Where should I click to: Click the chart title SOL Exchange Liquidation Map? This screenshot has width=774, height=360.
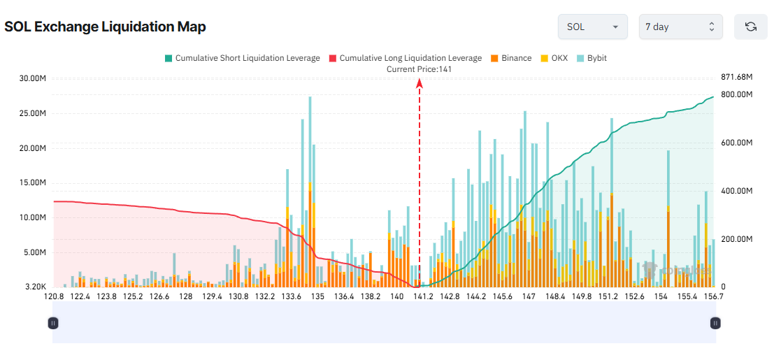tap(105, 27)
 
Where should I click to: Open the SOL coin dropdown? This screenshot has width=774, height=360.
tap(592, 27)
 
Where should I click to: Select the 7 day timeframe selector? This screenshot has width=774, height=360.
tap(680, 27)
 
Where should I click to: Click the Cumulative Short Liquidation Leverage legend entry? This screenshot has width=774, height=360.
tap(242, 58)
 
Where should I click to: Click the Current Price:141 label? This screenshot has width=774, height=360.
tap(420, 69)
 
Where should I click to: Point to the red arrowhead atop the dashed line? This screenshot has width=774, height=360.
tap(420, 82)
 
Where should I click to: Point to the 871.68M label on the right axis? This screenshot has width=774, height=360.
tap(737, 76)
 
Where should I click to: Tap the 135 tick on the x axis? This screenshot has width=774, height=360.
tap(318, 297)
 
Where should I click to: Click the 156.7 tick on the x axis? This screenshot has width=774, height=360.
tap(712, 297)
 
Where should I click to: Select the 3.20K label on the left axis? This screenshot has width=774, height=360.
tap(35, 287)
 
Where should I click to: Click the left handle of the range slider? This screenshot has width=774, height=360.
tap(53, 323)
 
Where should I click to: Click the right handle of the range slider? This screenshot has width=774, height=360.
tap(715, 323)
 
